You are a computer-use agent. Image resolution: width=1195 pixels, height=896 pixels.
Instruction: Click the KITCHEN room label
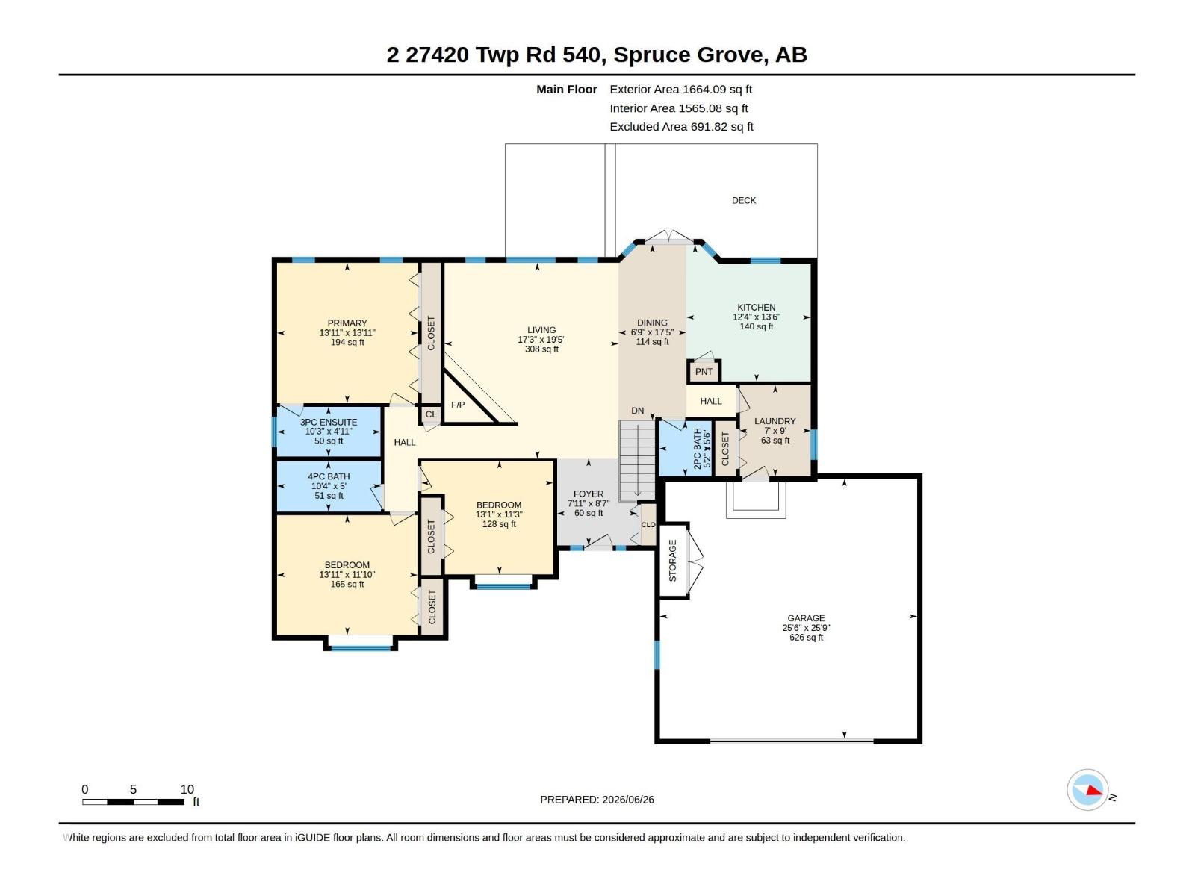click(x=756, y=308)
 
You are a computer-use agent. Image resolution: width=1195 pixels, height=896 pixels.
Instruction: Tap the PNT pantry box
click(x=704, y=372)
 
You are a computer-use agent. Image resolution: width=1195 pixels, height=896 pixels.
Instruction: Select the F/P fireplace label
click(x=458, y=405)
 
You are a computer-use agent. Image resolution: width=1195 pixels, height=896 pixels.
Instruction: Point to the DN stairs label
click(x=638, y=411)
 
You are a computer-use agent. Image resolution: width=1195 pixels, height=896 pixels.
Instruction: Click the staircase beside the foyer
click(x=638, y=460)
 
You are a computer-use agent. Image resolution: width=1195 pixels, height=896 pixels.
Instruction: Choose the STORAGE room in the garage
click(x=674, y=561)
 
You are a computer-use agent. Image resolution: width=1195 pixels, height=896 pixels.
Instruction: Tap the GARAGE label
click(x=806, y=618)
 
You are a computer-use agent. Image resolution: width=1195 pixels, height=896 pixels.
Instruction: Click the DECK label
click(x=744, y=200)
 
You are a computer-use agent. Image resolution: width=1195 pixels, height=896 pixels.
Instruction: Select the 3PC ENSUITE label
click(x=329, y=422)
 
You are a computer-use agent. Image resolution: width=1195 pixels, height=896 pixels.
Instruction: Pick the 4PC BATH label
click(x=329, y=476)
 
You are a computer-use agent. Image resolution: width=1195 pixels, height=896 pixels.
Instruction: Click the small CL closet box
click(x=431, y=414)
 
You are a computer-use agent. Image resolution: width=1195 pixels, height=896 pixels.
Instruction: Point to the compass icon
click(x=1087, y=790)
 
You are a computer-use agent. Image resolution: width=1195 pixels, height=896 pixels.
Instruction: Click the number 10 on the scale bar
click(x=187, y=789)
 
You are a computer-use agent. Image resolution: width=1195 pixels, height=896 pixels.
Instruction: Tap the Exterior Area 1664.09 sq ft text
click(x=680, y=89)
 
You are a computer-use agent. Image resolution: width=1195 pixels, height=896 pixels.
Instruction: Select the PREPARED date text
click(x=597, y=800)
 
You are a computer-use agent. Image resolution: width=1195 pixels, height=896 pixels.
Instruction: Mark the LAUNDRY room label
click(x=775, y=421)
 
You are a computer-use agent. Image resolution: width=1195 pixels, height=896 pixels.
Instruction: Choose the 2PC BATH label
click(x=698, y=449)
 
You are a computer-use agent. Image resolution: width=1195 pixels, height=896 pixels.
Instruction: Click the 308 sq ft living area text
click(x=541, y=349)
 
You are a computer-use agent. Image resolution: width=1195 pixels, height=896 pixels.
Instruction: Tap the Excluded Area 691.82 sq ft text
click(x=681, y=127)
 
